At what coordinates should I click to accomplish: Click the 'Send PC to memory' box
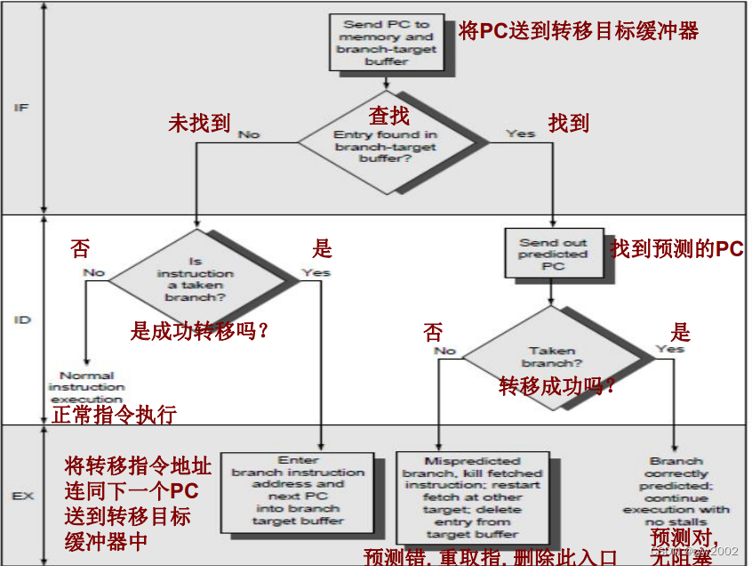click(x=386, y=43)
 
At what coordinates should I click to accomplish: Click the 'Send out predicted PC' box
click(x=553, y=254)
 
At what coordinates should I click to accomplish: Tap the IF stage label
click(x=21, y=108)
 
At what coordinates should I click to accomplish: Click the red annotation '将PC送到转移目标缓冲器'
click(x=579, y=31)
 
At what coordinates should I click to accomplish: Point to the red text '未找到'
click(x=199, y=123)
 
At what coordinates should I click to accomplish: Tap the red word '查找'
click(x=388, y=115)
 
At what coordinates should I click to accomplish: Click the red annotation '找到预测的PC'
click(x=676, y=249)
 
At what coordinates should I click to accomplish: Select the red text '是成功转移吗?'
click(x=199, y=331)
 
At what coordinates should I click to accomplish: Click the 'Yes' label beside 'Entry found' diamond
click(x=520, y=133)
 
